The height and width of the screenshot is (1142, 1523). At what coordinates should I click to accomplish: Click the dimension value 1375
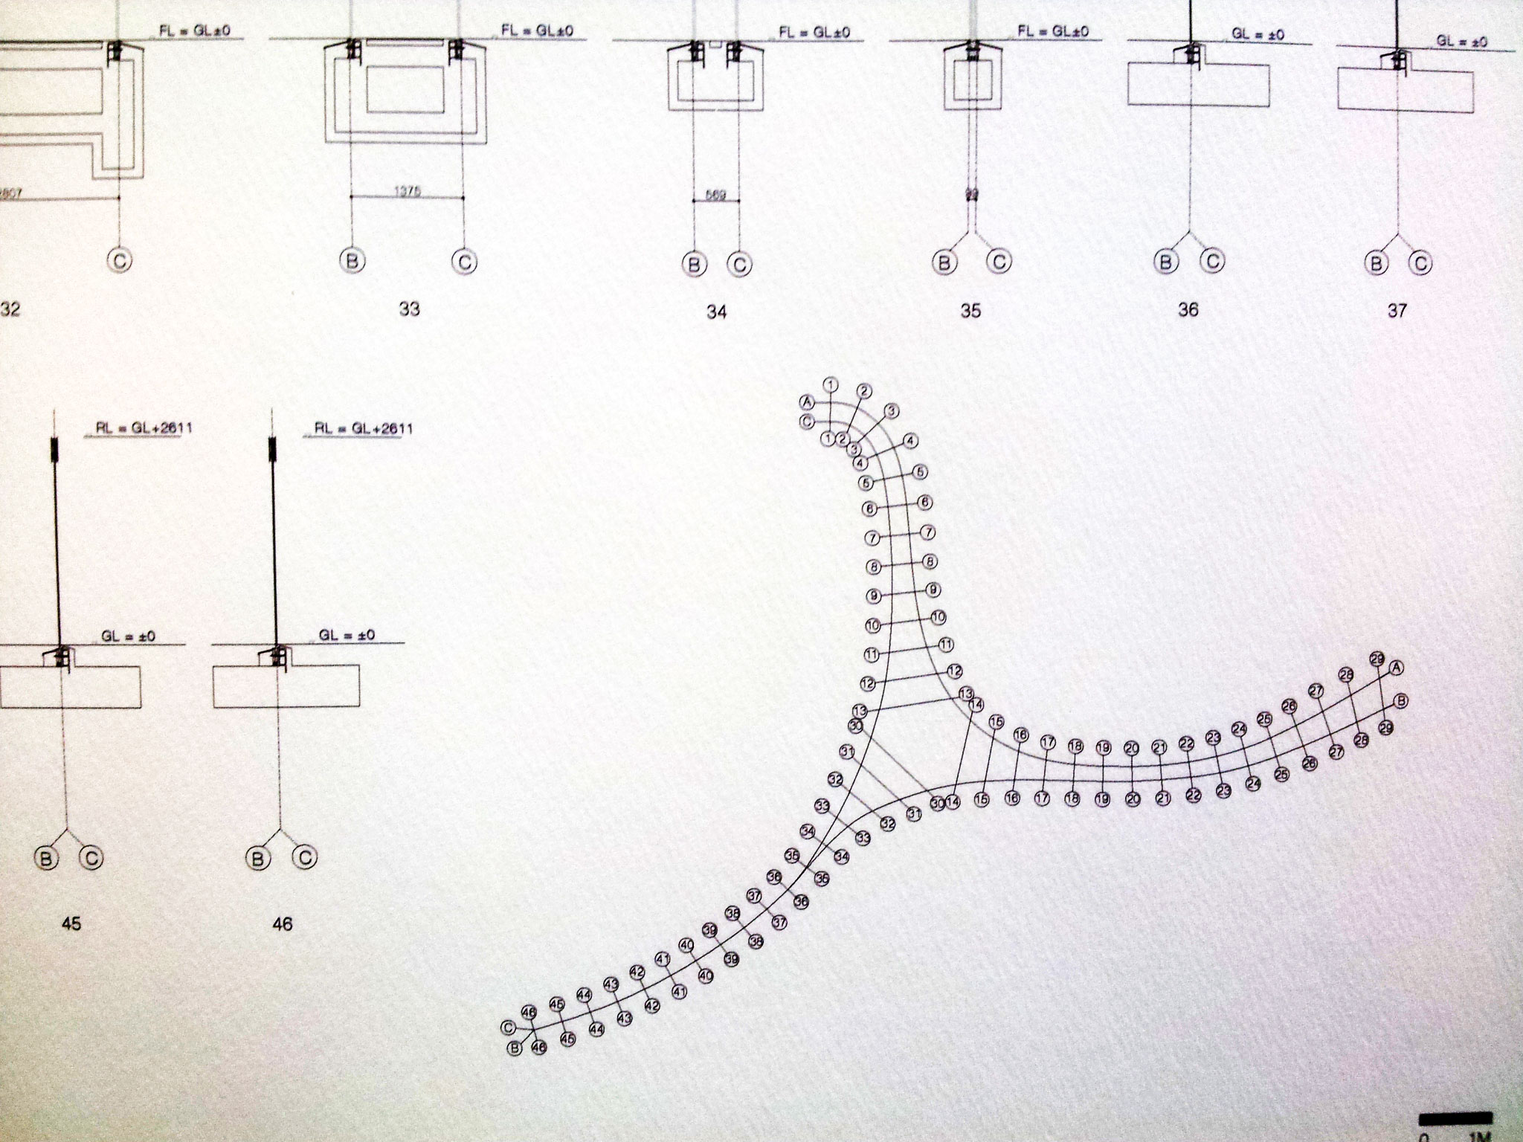408,191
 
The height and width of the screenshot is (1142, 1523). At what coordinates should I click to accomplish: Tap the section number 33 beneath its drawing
409,309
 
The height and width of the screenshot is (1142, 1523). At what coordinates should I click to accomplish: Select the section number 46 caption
283,924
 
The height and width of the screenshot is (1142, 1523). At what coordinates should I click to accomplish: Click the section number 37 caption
1397,311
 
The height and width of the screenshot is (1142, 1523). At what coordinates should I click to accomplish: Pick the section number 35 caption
970,311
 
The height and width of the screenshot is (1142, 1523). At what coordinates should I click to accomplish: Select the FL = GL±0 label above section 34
814,33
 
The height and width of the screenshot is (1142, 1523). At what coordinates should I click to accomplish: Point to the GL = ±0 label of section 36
1258,35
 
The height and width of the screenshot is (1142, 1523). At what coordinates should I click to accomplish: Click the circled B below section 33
351,261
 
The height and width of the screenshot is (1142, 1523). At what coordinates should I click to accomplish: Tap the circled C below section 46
305,858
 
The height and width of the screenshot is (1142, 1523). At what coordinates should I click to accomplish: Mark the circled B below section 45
46,859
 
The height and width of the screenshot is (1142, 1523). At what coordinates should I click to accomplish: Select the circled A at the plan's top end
805,401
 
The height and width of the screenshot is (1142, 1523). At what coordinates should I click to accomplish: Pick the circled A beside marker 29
1397,668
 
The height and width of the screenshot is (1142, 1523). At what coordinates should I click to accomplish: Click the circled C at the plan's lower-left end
508,1028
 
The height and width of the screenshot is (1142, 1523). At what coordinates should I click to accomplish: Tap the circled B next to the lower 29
1402,700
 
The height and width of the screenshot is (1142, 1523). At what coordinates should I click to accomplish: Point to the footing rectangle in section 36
1198,84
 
